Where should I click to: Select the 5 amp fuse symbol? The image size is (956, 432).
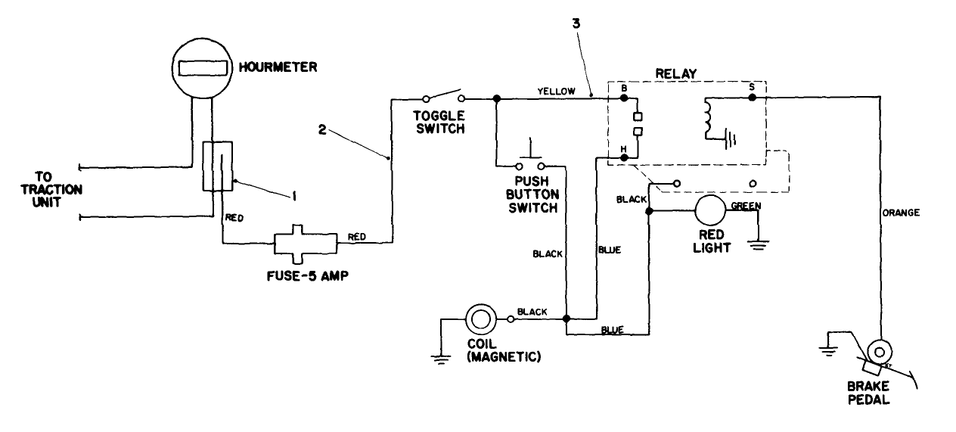click(x=306, y=244)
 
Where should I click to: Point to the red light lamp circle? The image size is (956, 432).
click(x=710, y=211)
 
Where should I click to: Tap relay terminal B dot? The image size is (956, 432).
click(x=624, y=98)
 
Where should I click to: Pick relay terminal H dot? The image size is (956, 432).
click(x=624, y=157)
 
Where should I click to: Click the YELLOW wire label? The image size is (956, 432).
click(x=556, y=91)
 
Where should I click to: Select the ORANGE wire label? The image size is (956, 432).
click(x=901, y=213)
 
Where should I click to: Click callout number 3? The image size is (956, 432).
click(x=577, y=23)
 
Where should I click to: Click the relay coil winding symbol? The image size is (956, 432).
click(x=709, y=118)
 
